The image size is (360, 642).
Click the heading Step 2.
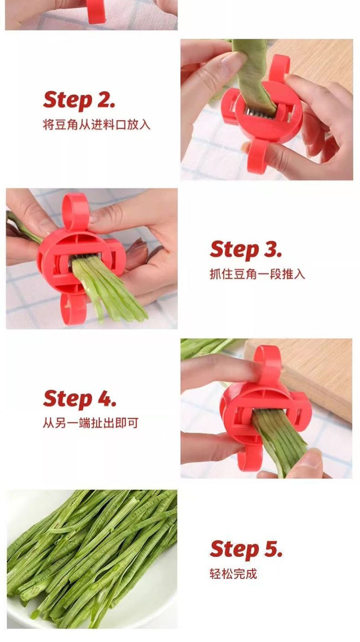[x=79, y=100]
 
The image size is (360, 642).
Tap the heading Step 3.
[x=246, y=249]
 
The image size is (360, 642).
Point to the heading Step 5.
[x=246, y=549]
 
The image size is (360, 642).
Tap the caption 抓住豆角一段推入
[x=257, y=274]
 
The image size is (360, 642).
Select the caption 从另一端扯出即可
[x=91, y=423]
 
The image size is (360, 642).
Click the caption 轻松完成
[x=233, y=574]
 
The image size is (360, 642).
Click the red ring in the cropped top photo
[x=96, y=11]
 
